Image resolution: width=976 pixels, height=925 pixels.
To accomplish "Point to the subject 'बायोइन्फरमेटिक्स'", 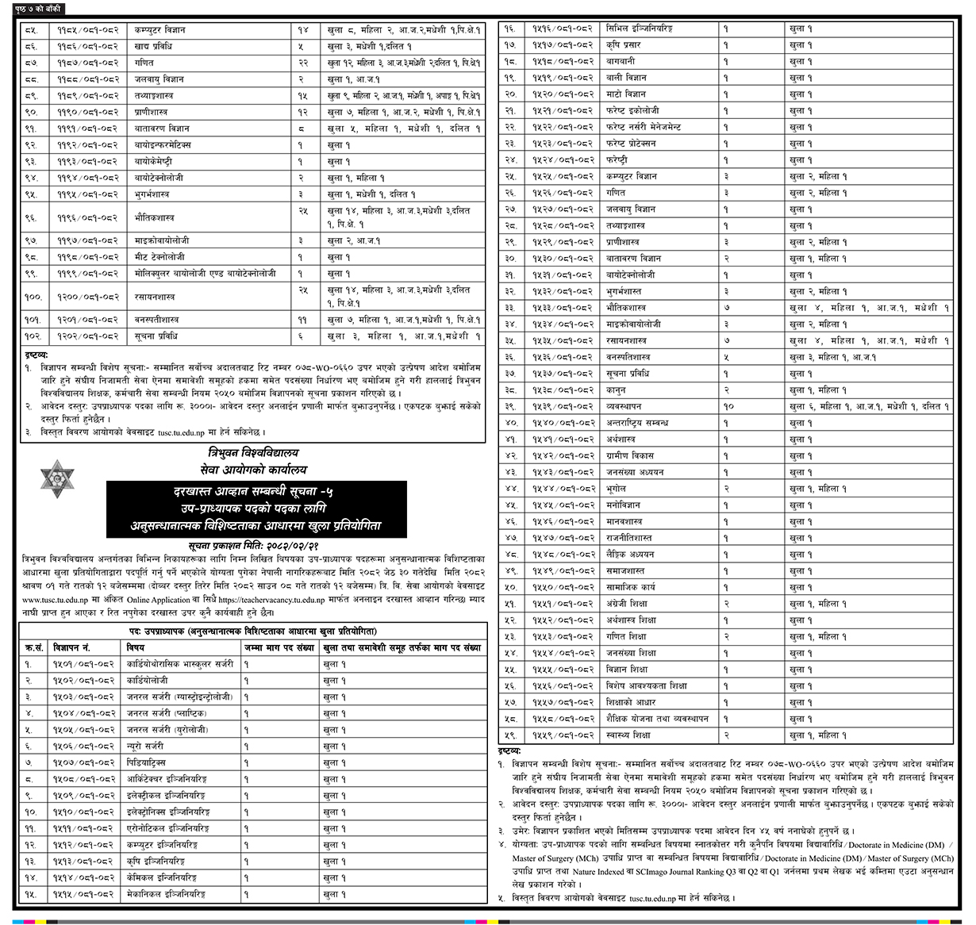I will [x=162, y=145].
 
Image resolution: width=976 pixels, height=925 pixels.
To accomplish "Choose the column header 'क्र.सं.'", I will [x=33, y=647].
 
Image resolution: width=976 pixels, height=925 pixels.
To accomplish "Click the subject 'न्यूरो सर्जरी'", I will [x=145, y=747].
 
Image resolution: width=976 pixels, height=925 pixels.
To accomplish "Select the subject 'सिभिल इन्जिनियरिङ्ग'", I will [x=639, y=29].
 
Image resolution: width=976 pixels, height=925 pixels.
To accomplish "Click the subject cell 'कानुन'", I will [x=616, y=390].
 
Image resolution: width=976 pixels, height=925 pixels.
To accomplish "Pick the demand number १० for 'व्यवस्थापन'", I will [x=728, y=406].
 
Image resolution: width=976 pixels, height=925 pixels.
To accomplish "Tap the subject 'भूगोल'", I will [x=616, y=489].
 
